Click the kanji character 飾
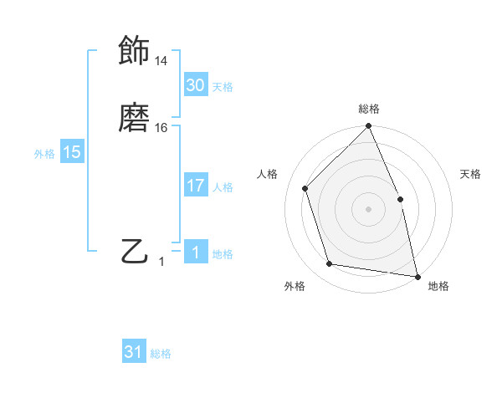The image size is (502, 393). coord(134,51)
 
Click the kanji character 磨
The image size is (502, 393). coord(134,118)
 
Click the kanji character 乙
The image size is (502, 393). coord(134,251)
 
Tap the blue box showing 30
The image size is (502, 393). coord(195,85)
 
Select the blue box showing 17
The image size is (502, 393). coord(195,186)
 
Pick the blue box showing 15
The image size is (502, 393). coord(71,152)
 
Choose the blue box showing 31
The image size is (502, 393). coord(134,352)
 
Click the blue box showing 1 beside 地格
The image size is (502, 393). coord(195,253)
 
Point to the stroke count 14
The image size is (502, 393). coord(161,61)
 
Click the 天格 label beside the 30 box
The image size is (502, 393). coord(223,87)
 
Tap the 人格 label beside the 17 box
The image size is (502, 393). coord(223,187)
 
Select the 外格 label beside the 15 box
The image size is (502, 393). coord(44,154)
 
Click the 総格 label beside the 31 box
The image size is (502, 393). coord(161,355)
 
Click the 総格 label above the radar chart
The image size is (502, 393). coord(369,109)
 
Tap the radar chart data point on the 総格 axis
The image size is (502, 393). coord(369,127)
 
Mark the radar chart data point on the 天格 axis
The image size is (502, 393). coord(400,199)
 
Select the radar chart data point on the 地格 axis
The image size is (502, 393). coord(417,276)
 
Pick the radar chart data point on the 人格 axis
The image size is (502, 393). coord(305,188)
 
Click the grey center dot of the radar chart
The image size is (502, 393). coord(369,209)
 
